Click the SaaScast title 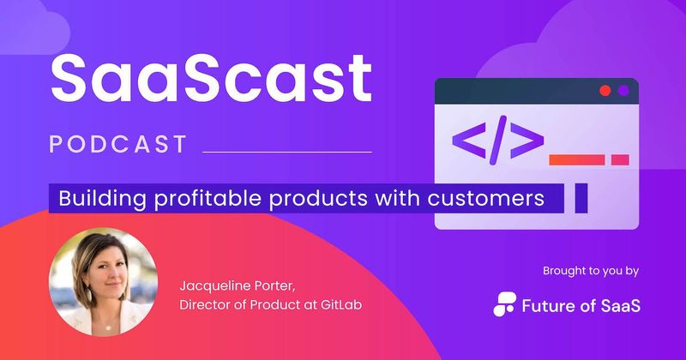[x=210, y=79]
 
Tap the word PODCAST [x=118, y=144]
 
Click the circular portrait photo [x=103, y=281]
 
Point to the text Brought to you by [x=591, y=271]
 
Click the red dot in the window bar [x=605, y=90]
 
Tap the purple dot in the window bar [x=623, y=90]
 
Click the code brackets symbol [x=497, y=140]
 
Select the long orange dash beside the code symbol [x=577, y=159]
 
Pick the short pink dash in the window [x=620, y=159]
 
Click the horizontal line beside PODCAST [x=286, y=152]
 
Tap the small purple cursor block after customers [x=581, y=198]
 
